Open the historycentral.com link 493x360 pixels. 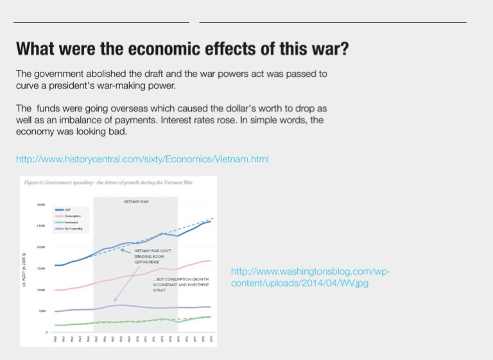pyautogui.click(x=142, y=159)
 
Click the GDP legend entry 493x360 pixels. pyautogui.click(x=67, y=210)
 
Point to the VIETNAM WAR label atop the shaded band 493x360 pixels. pyautogui.click(x=135, y=202)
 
